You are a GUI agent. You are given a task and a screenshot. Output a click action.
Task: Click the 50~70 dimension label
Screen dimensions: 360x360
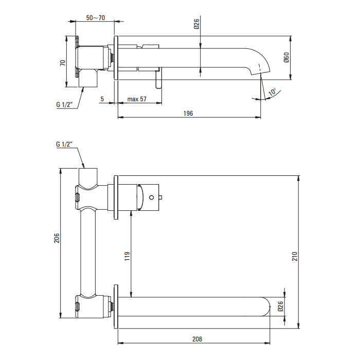pos(96,17)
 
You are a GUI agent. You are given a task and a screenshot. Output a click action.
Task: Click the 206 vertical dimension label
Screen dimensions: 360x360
pos(57,238)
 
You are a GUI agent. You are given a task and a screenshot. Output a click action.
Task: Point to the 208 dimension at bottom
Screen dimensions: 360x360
pos(197,339)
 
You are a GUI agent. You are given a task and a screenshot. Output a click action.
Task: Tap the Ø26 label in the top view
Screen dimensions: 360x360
pos(196,24)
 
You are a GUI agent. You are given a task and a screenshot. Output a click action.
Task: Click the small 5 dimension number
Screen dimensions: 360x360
pos(102,99)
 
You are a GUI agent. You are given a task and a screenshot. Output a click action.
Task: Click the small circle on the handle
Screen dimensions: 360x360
pos(151,197)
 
